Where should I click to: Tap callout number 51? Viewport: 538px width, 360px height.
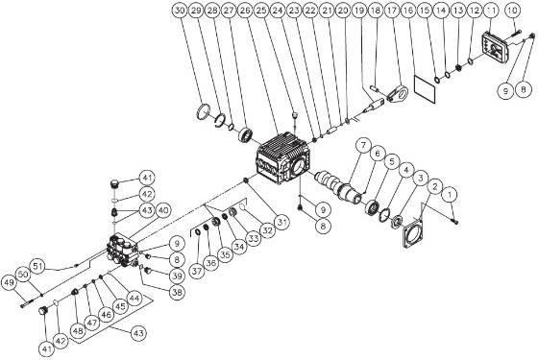pos(38,265)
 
